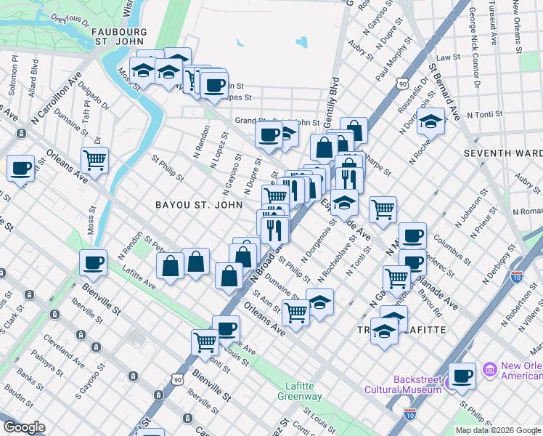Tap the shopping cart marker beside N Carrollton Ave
(94, 159)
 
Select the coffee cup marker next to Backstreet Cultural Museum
(462, 376)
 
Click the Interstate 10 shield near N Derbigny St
(517, 276)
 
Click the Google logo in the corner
(24, 427)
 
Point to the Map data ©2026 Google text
(498, 430)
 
